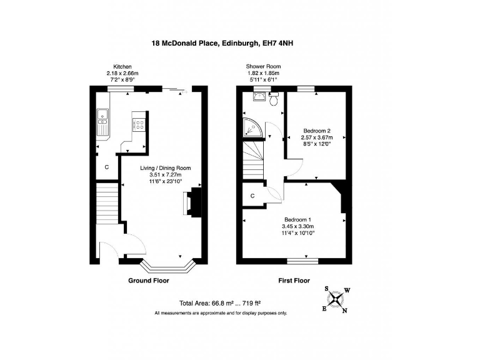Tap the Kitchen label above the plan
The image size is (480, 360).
[x=122, y=66]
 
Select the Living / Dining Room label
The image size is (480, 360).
[x=165, y=168]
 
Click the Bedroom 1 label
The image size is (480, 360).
[x=297, y=219]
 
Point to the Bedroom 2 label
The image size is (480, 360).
[x=316, y=131]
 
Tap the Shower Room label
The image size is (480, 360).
[x=263, y=66]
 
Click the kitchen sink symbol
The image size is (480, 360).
[x=102, y=121]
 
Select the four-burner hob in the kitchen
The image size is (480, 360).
[x=139, y=124]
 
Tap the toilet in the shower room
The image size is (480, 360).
[x=274, y=98]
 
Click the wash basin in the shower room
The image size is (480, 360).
[x=259, y=97]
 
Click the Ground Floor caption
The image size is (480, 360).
[x=149, y=281]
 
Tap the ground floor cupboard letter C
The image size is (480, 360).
[x=107, y=167]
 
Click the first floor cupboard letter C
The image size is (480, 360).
[x=252, y=196]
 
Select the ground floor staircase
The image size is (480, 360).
[x=107, y=202]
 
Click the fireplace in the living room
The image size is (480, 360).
[x=191, y=204]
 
